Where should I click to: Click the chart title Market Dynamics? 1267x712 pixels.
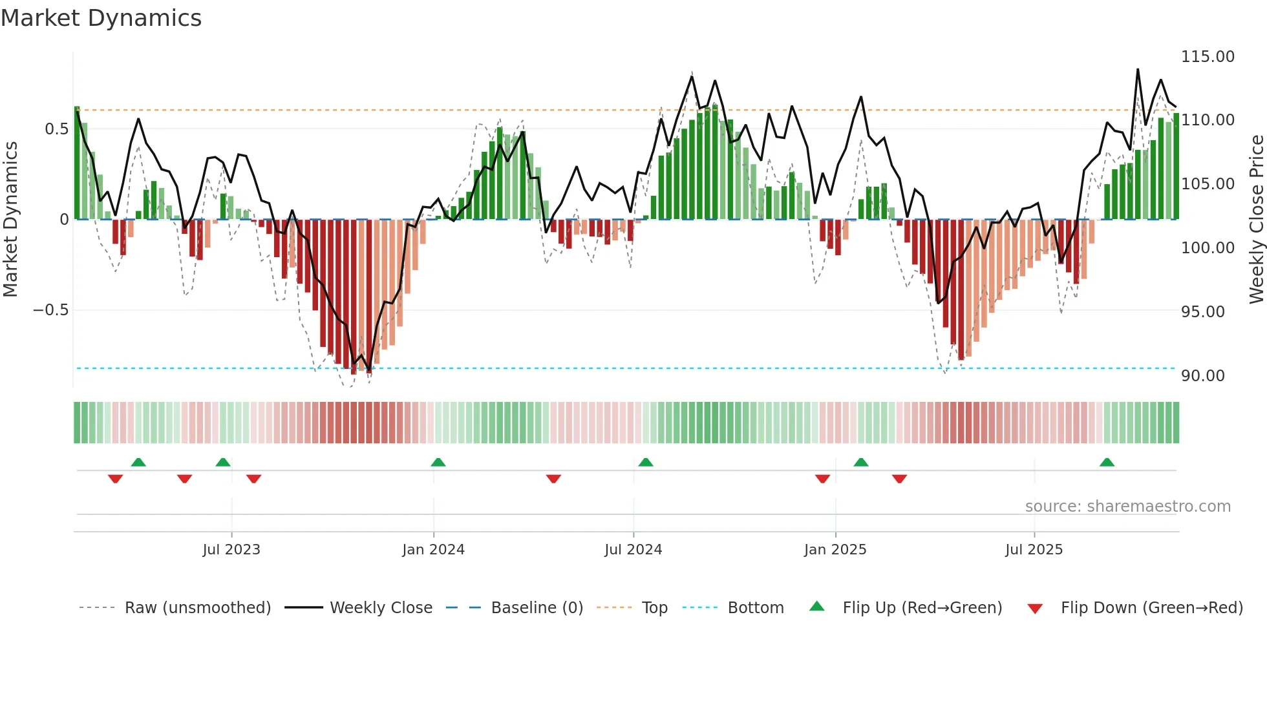(101, 18)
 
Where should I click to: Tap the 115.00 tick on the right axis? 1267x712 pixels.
(1208, 57)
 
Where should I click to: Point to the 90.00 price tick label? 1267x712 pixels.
(1202, 376)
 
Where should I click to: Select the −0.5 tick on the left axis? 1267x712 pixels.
(51, 310)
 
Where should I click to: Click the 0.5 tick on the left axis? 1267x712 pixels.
(56, 129)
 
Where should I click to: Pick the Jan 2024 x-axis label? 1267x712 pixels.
(433, 550)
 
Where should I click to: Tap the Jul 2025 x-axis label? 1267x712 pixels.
(1034, 550)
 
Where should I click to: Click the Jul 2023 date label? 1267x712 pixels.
(231, 550)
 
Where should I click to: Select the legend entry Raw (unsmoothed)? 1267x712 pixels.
(197, 608)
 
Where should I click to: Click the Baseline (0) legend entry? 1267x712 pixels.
(537, 608)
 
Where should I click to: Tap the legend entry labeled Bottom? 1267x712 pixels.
(755, 608)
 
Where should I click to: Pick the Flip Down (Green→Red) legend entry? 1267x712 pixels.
(1151, 608)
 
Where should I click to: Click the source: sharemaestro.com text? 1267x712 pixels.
(1127, 507)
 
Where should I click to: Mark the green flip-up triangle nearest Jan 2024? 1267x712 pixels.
(438, 462)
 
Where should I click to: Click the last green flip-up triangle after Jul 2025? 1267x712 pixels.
(1107, 462)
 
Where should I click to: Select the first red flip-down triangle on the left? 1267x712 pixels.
(116, 479)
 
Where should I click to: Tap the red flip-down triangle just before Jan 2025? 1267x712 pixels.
(822, 479)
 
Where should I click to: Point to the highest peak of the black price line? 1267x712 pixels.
(1138, 69)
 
